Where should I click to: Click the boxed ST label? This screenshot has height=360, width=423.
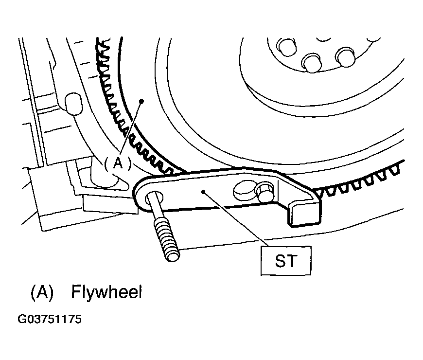[286, 261]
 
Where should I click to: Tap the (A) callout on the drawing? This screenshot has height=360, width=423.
[118, 163]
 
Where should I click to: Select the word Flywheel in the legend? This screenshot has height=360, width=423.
[106, 292]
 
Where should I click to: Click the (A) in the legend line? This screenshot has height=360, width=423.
[42, 292]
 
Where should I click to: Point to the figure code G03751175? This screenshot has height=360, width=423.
[50, 319]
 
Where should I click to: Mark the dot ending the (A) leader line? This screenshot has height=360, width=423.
[141, 101]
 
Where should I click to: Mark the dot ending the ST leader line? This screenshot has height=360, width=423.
[203, 192]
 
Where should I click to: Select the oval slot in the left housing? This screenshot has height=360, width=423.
[73, 104]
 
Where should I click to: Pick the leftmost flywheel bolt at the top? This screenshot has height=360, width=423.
[286, 48]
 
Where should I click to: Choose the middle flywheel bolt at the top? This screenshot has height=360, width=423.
[312, 63]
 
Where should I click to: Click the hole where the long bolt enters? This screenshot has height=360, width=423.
[154, 198]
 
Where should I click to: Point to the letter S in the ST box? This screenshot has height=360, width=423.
[280, 261]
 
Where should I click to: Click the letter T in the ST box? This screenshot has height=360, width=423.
[292, 261]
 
